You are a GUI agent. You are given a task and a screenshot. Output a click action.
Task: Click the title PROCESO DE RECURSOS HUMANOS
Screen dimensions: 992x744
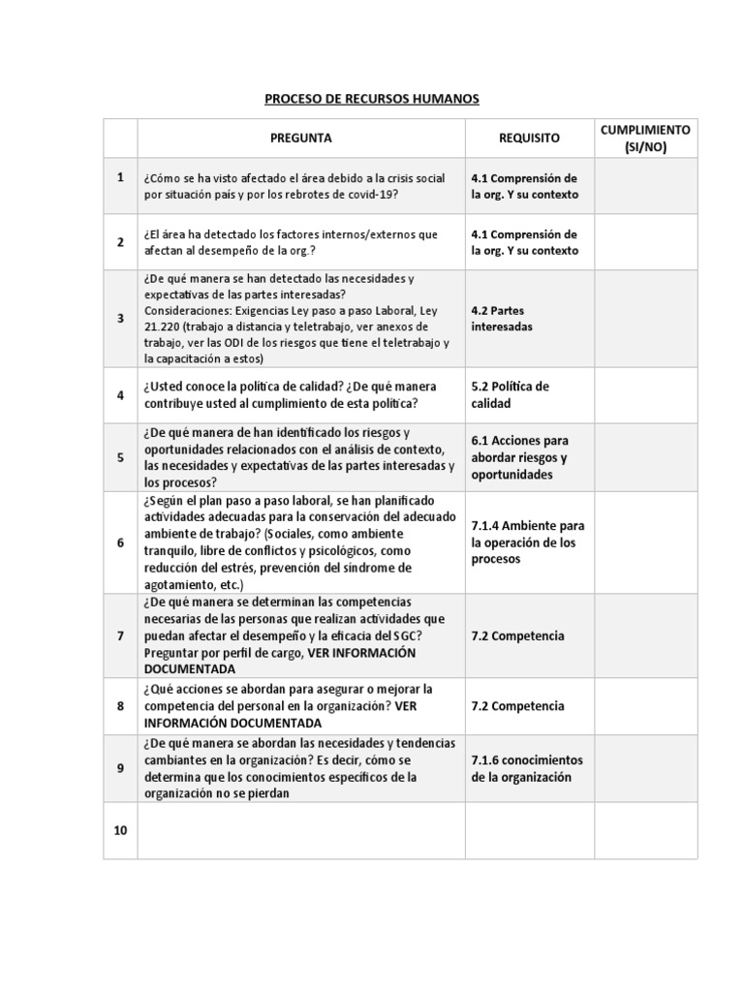pos(372,99)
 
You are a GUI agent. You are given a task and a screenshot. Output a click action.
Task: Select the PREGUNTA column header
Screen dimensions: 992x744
pos(301,139)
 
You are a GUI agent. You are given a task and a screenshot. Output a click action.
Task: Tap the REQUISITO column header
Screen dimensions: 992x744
pos(529,139)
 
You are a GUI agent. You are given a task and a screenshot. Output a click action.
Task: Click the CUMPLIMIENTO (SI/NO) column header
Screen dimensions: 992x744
pos(645,139)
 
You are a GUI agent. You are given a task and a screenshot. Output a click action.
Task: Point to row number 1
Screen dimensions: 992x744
pos(120,177)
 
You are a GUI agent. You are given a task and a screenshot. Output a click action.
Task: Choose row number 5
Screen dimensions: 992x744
pos(120,457)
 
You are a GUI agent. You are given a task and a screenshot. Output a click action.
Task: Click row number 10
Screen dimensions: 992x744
pos(120,831)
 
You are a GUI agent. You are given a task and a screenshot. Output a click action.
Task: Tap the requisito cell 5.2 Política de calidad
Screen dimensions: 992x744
pos(511,394)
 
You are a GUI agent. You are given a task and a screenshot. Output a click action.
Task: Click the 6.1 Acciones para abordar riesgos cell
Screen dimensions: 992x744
pos(520,457)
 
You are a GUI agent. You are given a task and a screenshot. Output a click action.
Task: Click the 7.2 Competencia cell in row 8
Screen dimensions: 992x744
pos(517,706)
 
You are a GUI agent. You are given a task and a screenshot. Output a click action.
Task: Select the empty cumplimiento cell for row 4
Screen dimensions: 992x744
pos(645,394)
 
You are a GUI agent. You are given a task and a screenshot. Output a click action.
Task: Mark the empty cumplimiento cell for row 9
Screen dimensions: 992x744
pos(645,768)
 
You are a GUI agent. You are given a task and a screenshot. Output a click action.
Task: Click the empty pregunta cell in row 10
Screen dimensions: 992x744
pos(301,831)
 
